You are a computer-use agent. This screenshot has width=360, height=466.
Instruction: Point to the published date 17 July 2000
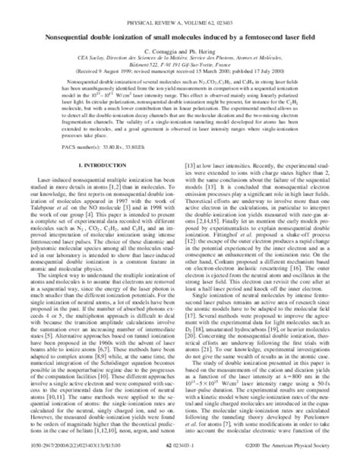point(277,75)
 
